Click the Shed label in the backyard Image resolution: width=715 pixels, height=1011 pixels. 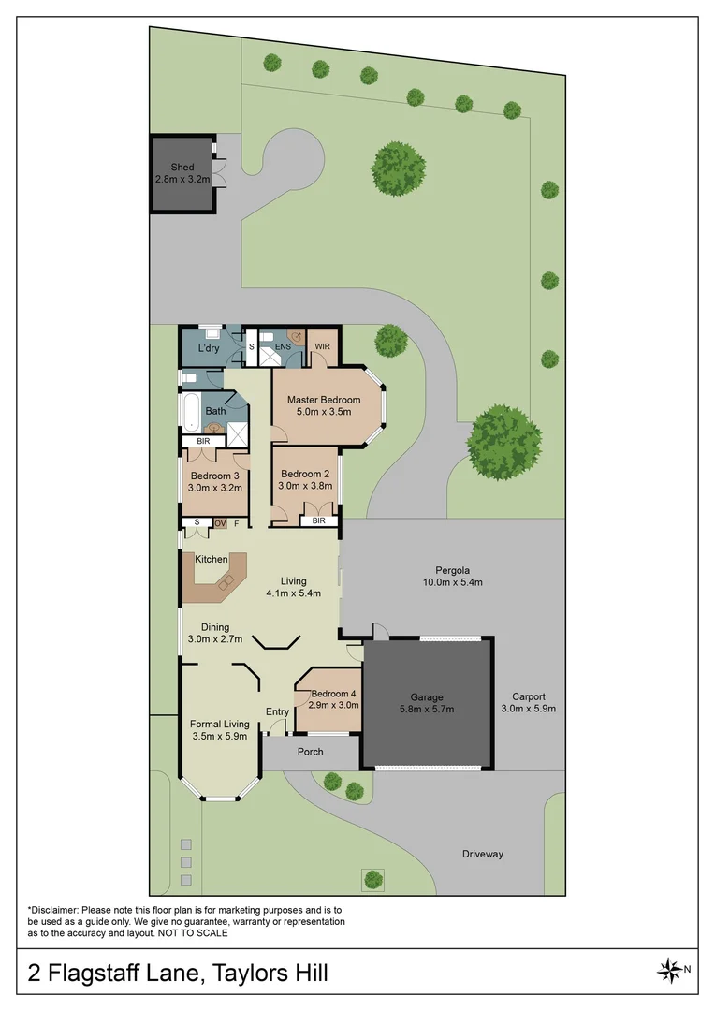coord(182,168)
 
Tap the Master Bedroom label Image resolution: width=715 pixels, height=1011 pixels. coord(324,400)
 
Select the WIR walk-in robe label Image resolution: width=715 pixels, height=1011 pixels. coord(323,346)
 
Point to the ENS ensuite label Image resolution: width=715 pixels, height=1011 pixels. coord(283,346)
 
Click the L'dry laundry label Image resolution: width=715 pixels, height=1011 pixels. coord(209,349)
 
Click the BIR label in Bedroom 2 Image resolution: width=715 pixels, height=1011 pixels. coord(319,520)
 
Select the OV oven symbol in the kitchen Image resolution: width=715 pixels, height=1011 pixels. coord(221,523)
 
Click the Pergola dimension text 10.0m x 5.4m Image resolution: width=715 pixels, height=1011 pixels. coord(451,582)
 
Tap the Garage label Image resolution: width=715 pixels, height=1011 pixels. coord(427,696)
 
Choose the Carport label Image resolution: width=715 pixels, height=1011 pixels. coord(529,696)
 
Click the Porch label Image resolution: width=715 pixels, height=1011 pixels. coord(310,752)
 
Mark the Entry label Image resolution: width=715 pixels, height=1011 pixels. coord(278,711)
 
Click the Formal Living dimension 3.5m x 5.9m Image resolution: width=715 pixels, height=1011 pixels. coord(220,737)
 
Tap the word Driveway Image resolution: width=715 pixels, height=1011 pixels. coord(483,854)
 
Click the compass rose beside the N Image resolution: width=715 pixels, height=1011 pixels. coord(670,970)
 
